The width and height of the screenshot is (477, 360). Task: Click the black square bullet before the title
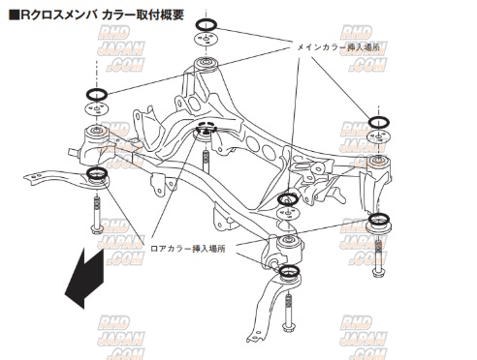(x=15, y=15)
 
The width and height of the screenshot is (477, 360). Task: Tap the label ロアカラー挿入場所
(x=188, y=249)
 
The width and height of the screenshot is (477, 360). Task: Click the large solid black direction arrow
(x=84, y=278)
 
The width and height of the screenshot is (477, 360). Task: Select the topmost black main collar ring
(x=206, y=24)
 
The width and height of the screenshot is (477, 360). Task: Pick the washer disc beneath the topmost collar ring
(x=206, y=39)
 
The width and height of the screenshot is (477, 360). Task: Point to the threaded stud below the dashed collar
(x=206, y=161)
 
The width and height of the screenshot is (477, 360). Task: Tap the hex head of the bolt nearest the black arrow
(x=97, y=230)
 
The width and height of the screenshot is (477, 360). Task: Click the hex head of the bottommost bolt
(x=287, y=327)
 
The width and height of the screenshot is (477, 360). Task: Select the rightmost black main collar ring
(x=378, y=122)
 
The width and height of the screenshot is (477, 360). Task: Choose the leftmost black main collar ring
(x=97, y=94)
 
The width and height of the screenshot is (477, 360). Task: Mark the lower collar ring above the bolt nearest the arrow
(x=97, y=173)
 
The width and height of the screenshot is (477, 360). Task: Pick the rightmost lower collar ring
(x=379, y=219)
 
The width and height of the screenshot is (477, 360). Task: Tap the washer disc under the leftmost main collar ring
(x=96, y=108)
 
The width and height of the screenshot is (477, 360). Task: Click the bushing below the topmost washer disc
(x=206, y=65)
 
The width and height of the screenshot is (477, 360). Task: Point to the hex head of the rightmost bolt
(x=378, y=273)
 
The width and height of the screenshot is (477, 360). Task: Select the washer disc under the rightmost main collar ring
(x=378, y=137)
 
